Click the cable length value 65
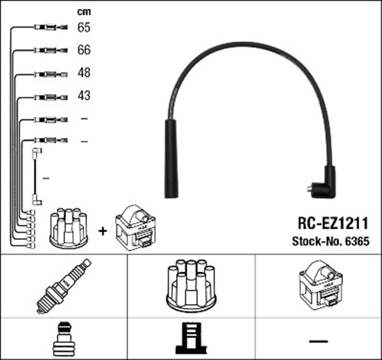pos(84,27)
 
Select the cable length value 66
pos(84,50)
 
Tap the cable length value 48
pos(84,73)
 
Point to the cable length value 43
pos(84,96)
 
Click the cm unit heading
pos(84,11)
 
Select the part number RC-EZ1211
pos(333,224)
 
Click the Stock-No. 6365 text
pos(331,242)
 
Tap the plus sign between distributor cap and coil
pos(103,230)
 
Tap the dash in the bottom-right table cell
pos(319,340)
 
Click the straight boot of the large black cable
pos(171,158)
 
